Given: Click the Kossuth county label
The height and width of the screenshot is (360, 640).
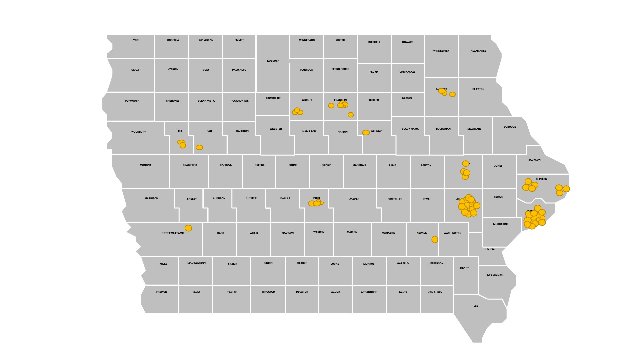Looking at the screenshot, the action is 273,61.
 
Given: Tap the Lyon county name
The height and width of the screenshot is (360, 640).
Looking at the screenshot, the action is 135,40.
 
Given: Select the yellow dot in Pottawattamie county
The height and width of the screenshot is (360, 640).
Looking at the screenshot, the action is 188,228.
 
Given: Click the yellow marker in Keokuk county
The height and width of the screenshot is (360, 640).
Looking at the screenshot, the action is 435,239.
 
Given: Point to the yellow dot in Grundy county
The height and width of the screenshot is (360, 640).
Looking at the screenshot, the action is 366,133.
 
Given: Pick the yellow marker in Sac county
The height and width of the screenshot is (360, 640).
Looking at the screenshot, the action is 199,147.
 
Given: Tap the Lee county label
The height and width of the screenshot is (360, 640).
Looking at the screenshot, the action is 476,306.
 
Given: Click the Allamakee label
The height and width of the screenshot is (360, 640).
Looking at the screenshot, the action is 478,51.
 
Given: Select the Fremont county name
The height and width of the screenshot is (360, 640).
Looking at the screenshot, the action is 162,292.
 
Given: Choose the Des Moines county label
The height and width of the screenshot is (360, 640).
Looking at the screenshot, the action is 495,275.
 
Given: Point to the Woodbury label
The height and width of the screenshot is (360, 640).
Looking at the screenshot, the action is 138,132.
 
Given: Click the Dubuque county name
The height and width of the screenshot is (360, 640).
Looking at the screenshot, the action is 510,127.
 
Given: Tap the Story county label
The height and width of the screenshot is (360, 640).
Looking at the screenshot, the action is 326,165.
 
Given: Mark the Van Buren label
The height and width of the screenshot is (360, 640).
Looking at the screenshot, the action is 435,292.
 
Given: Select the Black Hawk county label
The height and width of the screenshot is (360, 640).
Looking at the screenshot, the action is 410,129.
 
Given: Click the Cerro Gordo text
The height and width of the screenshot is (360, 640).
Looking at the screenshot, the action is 340,69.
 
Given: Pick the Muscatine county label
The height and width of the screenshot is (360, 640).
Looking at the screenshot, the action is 501,224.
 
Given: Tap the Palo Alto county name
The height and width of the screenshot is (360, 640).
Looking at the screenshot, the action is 239,70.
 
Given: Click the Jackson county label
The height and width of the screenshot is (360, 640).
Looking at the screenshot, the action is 534,160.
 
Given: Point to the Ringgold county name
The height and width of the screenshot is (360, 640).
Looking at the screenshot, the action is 268,292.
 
